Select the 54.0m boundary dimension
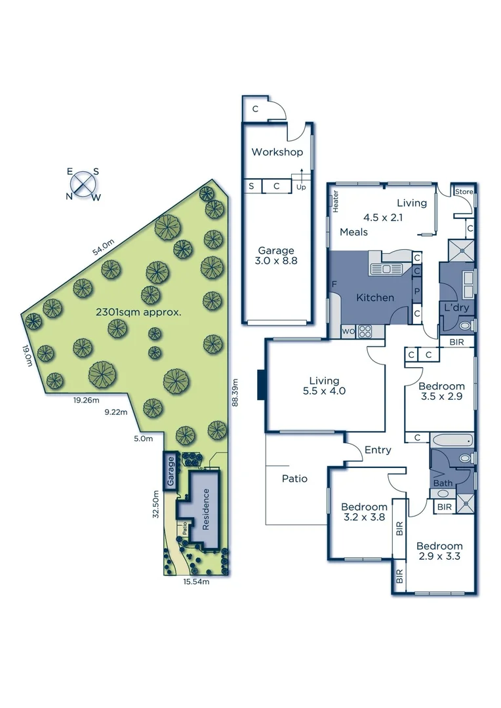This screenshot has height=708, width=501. [102, 247]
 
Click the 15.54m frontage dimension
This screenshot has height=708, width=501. [195, 581]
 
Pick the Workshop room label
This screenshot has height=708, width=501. [277, 152]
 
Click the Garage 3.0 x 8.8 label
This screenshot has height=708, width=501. [275, 256]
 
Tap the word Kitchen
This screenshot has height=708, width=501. [375, 298]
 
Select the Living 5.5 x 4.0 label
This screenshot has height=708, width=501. [324, 385]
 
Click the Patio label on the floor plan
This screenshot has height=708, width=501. [294, 478]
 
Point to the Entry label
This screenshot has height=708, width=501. [378, 450]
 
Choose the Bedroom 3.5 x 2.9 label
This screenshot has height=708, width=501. [441, 392]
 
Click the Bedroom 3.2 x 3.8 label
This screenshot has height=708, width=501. [364, 512]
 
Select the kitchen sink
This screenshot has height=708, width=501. [390, 267]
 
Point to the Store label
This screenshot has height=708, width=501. [464, 191]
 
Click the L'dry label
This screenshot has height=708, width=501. [456, 307]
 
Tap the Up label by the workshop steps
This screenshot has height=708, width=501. [302, 187]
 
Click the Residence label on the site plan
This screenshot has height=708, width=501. [206, 509]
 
